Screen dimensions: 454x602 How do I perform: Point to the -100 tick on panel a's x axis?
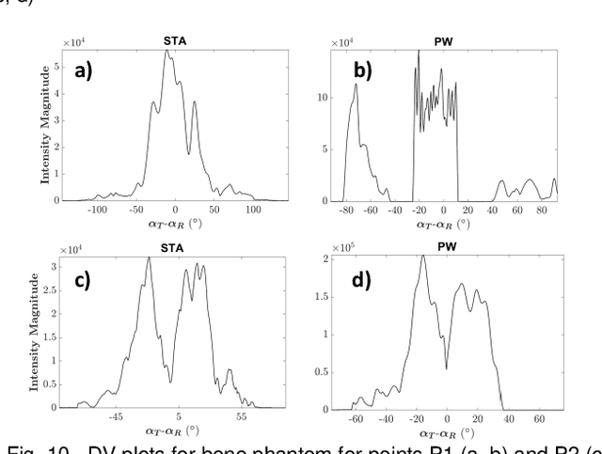(98, 210)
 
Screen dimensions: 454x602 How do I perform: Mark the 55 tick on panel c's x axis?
(241, 416)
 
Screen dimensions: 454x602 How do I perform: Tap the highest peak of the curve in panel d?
(422, 257)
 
